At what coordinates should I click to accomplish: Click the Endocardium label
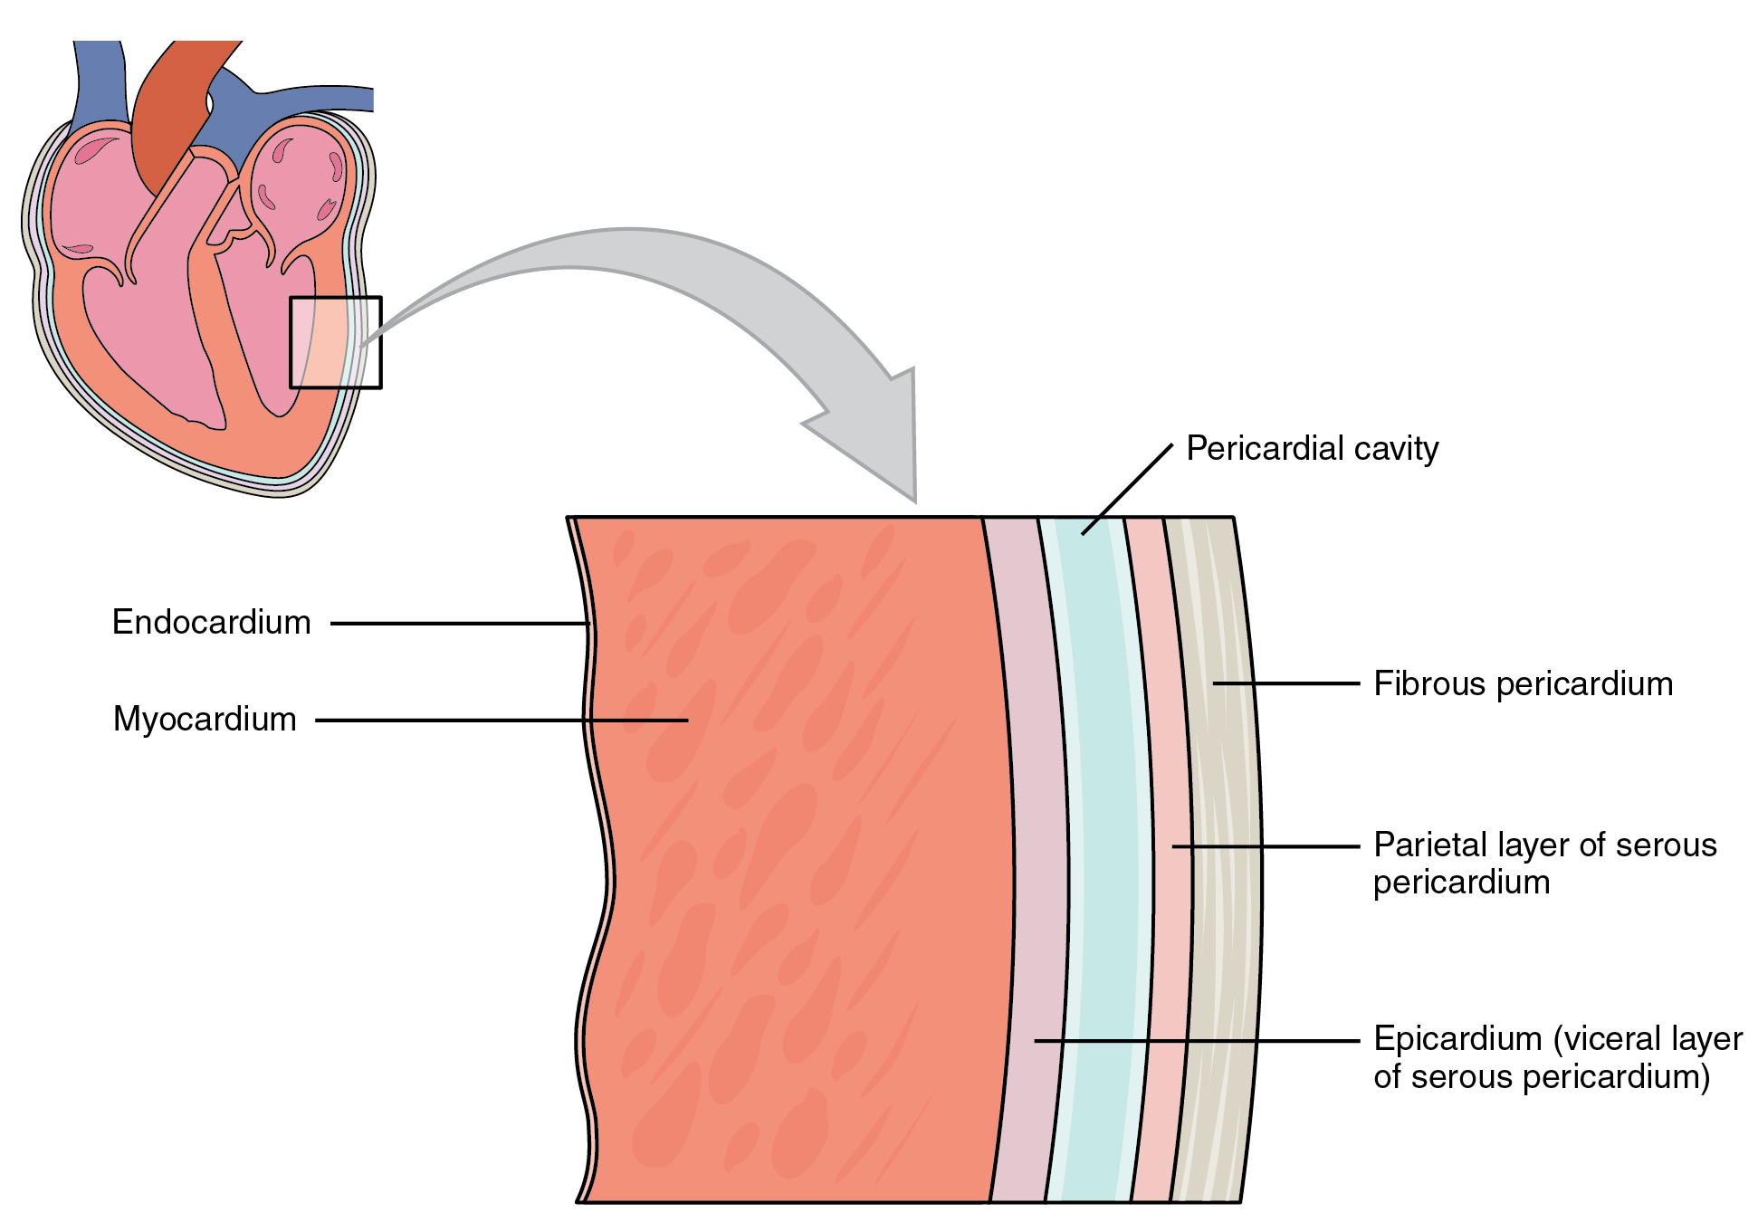pos(211,623)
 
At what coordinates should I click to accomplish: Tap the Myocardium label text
pos(205,720)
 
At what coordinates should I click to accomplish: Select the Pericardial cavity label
pos(1312,449)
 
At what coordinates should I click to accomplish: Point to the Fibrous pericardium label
pos(1523,684)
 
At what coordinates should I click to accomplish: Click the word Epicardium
pos(1457,1039)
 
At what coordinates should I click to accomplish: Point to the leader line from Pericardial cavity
pos(1127,489)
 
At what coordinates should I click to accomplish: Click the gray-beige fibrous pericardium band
pos(1222,905)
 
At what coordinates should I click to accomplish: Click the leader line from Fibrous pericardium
pos(1285,683)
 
